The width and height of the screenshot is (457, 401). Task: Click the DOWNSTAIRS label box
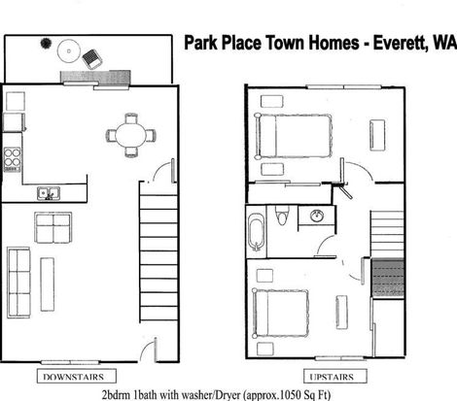(x=77, y=376)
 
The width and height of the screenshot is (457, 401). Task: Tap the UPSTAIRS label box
(x=335, y=376)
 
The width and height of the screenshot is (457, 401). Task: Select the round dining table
(x=131, y=135)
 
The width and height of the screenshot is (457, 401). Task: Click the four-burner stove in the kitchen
(x=13, y=159)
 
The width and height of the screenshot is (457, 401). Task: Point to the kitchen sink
(x=49, y=193)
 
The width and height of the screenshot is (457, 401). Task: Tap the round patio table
(x=69, y=50)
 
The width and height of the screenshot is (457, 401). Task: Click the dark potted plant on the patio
(x=46, y=43)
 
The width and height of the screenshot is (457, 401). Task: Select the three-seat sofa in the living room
(x=18, y=283)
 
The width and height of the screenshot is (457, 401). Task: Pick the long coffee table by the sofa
(x=47, y=284)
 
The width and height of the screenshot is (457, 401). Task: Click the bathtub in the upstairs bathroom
(x=257, y=231)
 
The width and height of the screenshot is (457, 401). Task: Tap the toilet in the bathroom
(x=281, y=215)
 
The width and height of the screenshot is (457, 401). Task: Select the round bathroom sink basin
(x=317, y=216)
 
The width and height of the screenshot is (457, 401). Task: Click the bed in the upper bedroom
(x=294, y=136)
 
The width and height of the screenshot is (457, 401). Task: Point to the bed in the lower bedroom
(x=280, y=314)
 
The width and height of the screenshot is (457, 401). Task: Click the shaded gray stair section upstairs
(x=388, y=279)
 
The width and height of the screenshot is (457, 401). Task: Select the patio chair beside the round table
(x=92, y=58)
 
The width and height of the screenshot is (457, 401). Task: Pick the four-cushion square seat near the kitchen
(x=53, y=228)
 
